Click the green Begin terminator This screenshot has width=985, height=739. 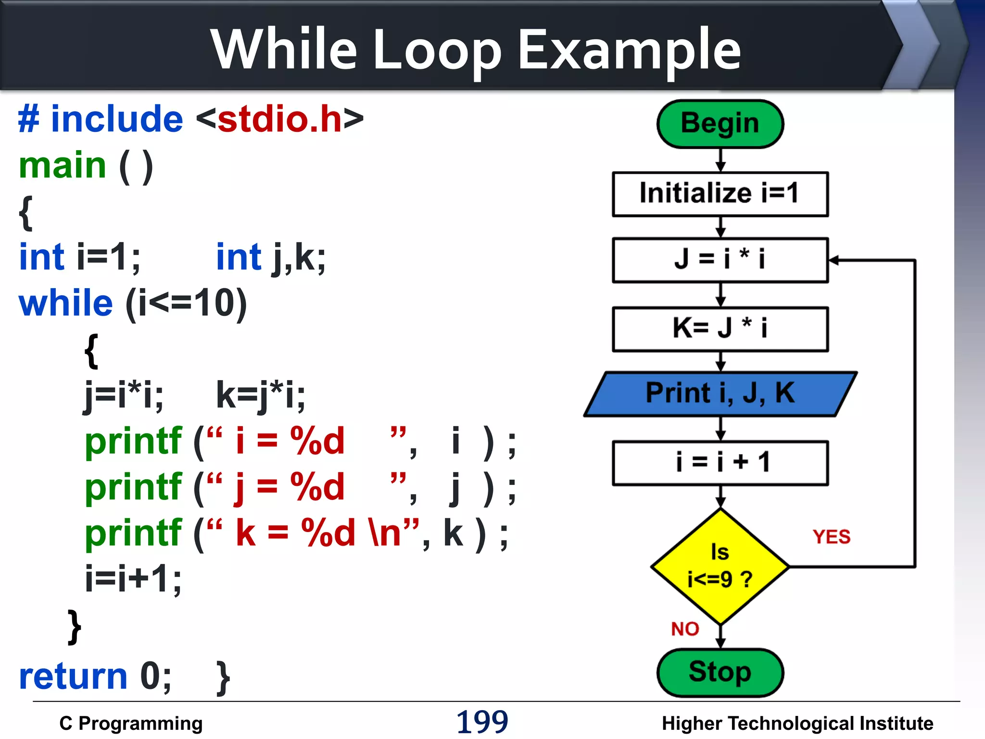pos(720,124)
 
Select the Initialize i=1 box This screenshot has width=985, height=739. pos(720,194)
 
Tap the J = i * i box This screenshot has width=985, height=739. pos(720,260)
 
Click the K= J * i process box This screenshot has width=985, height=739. pos(720,329)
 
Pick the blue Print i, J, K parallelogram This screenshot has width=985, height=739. pos(720,394)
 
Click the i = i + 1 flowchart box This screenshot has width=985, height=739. pos(720,462)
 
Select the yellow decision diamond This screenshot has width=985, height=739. pos(720,566)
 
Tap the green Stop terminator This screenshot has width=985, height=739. pos(720,672)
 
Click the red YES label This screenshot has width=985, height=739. pos(832,537)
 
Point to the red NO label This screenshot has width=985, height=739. pos(685,629)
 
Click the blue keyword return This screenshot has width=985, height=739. pos(73,676)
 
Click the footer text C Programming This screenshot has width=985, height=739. pos(131,723)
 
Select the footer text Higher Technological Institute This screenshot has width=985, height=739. pos(797,723)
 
